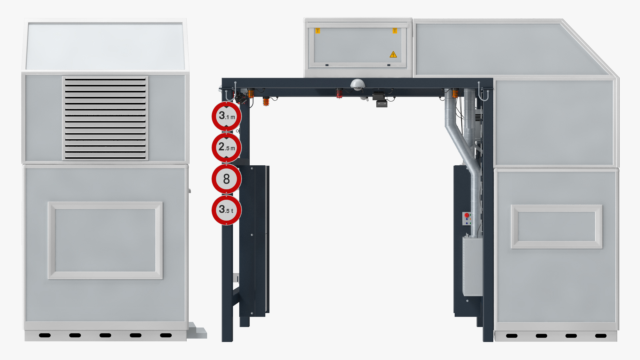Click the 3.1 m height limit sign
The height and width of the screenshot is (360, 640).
click(x=226, y=116)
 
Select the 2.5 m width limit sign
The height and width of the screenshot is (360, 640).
click(x=226, y=147)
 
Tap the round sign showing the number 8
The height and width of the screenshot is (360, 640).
click(x=226, y=179)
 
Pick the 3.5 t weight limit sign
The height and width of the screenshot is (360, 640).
click(x=226, y=210)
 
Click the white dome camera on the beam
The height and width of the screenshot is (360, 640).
click(x=357, y=84)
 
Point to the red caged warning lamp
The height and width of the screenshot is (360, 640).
click(x=339, y=94)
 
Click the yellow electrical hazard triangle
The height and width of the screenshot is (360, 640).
click(x=393, y=55)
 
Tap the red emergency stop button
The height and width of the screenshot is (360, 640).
click(x=467, y=215)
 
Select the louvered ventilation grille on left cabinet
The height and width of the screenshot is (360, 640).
click(x=105, y=118)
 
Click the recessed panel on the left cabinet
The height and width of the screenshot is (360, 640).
click(x=105, y=240)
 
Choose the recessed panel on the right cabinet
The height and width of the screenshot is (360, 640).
click(x=557, y=227)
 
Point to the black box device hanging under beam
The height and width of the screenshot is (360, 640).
click(x=380, y=99)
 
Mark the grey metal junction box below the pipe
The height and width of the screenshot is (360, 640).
click(x=472, y=266)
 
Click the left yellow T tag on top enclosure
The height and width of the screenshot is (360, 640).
click(x=318, y=31)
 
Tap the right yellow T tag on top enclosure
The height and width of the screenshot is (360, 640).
click(x=395, y=31)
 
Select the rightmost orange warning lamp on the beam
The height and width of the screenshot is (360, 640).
click(x=455, y=93)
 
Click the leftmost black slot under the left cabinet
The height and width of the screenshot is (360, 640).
click(x=45, y=335)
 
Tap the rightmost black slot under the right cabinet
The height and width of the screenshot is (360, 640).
click(x=601, y=336)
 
